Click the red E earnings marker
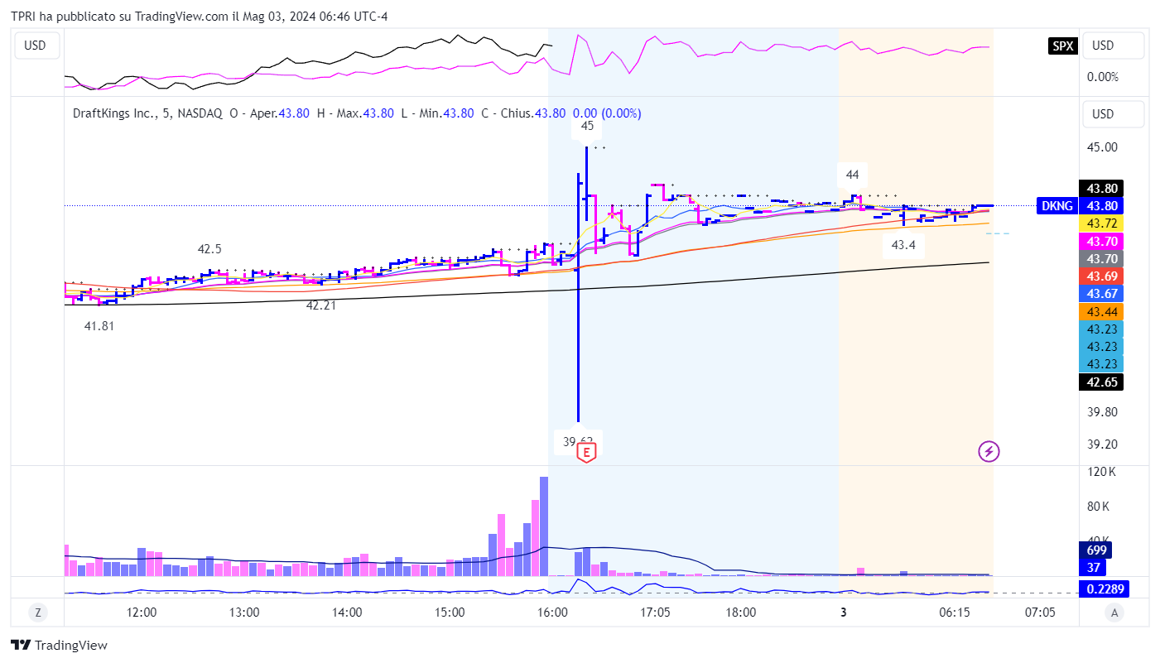[586, 452]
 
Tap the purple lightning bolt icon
[989, 451]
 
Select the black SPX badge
[1062, 46]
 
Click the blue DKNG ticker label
[1057, 206]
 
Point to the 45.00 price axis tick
[1101, 147]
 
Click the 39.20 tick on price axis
[1101, 444]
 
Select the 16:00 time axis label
[552, 613]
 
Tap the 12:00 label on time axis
[142, 613]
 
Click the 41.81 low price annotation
[99, 326]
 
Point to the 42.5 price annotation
[209, 249]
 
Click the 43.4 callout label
[903, 245]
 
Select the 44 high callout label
[852, 175]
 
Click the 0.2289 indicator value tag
[1105, 589]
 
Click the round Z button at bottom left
[37, 613]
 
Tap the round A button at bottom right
[1114, 613]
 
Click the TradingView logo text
[60, 645]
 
